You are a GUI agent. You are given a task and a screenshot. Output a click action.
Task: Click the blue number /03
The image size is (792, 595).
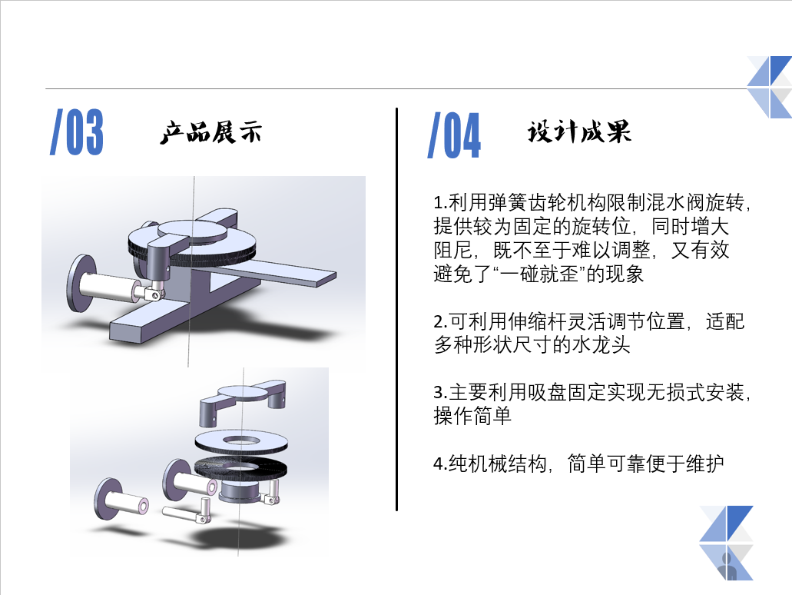77,131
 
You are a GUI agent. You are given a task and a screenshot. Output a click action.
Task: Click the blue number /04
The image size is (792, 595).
454,135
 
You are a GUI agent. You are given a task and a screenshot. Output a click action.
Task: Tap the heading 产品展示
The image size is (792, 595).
211,133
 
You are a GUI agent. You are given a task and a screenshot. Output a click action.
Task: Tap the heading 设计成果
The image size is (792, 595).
579,132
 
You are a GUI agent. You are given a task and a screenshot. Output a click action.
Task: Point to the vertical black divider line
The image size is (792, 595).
397,309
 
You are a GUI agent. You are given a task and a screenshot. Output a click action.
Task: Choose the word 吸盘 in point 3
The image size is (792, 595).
547,393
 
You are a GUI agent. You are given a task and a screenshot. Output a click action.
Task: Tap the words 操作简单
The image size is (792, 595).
472,416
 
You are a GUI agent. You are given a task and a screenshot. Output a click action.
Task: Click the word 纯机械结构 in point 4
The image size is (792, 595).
498,464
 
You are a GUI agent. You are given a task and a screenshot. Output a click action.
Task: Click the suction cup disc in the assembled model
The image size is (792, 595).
81,284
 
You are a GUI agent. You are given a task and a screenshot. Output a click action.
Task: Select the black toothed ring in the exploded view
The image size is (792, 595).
240,467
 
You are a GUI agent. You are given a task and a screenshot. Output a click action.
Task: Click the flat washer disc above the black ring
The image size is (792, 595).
241,441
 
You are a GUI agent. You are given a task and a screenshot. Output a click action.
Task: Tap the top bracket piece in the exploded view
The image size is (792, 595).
243,401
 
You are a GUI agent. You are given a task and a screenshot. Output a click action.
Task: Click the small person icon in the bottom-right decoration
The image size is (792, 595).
727,567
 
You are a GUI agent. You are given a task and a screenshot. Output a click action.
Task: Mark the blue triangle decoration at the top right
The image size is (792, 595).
770,87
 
